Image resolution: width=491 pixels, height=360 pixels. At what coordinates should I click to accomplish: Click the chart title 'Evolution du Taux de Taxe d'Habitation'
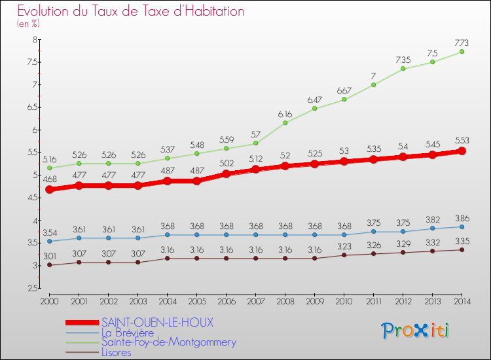(131, 11)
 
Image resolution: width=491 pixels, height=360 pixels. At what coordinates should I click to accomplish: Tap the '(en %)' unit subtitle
(28, 24)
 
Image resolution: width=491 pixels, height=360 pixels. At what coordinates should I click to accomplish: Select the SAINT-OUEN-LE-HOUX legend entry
(157, 322)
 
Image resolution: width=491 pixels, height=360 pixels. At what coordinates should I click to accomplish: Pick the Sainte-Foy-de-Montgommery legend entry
(168, 342)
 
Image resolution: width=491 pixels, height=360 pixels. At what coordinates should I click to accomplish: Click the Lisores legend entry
(116, 352)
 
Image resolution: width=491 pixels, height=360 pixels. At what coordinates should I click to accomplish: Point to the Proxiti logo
(416, 331)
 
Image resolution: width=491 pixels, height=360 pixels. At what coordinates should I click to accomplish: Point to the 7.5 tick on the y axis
(31, 62)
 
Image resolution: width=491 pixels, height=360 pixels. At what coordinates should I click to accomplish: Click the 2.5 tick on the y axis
(31, 288)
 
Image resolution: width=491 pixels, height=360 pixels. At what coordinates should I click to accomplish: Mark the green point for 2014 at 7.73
(462, 52)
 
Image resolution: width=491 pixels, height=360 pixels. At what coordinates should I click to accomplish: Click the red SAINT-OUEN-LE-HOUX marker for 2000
(49, 189)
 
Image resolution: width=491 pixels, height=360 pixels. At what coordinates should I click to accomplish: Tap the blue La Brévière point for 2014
(462, 226)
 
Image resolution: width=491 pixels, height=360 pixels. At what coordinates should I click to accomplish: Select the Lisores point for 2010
(344, 255)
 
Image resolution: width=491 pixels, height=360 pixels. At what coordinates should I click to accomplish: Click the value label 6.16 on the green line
(285, 113)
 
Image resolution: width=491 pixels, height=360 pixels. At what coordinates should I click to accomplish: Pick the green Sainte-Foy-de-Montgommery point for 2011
(373, 84)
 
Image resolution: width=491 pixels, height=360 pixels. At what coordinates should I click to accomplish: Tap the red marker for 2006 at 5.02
(226, 174)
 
